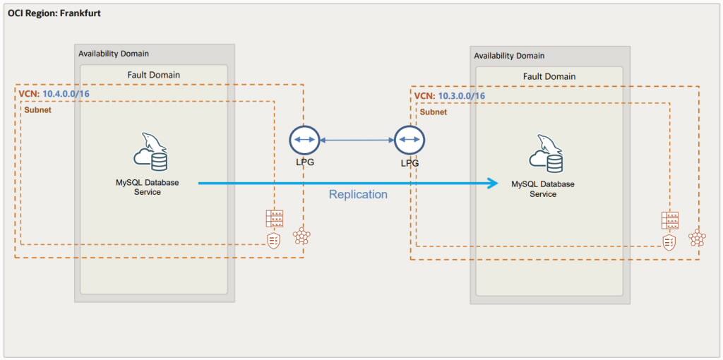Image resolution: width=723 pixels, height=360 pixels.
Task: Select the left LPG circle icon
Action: pos(305,140)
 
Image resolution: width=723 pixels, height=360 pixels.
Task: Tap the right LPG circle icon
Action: pos(410,140)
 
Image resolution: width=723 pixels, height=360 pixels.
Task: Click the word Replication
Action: pos(358,194)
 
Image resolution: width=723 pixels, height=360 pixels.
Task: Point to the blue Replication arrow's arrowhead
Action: pos(492,184)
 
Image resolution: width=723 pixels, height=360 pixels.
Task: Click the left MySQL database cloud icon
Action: pos(150,152)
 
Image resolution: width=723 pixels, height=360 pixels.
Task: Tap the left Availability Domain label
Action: pos(114,54)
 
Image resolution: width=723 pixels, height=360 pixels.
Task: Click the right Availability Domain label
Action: pos(509,56)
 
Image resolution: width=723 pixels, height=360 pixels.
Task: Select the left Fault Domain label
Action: pos(153,75)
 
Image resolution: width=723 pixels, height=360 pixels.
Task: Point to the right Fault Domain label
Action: pos(549,76)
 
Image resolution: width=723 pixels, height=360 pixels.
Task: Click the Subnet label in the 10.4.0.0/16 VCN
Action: pos(38,110)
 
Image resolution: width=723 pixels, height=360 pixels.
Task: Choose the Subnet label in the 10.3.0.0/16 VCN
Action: pos(434,112)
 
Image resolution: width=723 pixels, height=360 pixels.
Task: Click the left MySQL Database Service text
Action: pos(148,187)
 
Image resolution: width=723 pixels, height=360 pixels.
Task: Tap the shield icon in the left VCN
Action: pos(274,241)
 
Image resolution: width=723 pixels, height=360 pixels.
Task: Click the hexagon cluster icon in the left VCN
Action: pos(301,236)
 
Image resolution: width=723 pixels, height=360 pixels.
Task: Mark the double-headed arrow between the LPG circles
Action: pos(357,140)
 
